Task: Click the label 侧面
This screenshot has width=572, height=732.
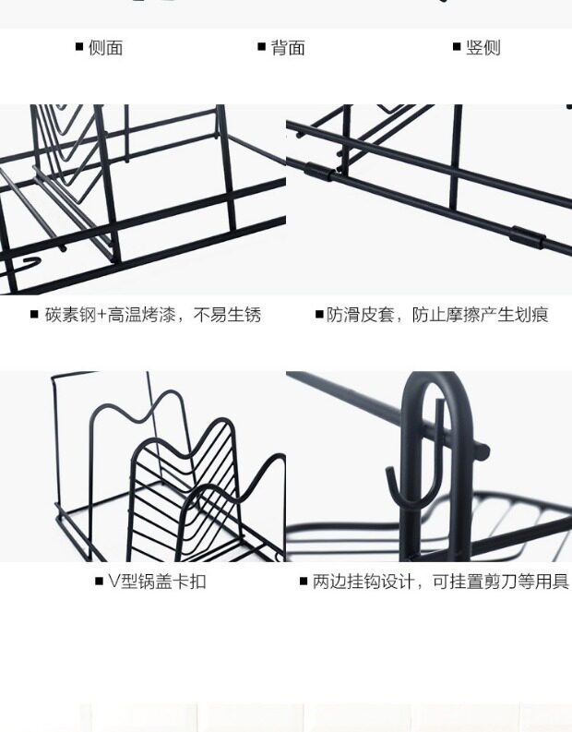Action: tap(105, 48)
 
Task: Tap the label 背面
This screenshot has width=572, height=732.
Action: tap(288, 48)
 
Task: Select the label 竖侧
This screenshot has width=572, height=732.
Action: tap(483, 48)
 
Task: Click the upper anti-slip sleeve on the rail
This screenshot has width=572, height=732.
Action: tap(319, 171)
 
